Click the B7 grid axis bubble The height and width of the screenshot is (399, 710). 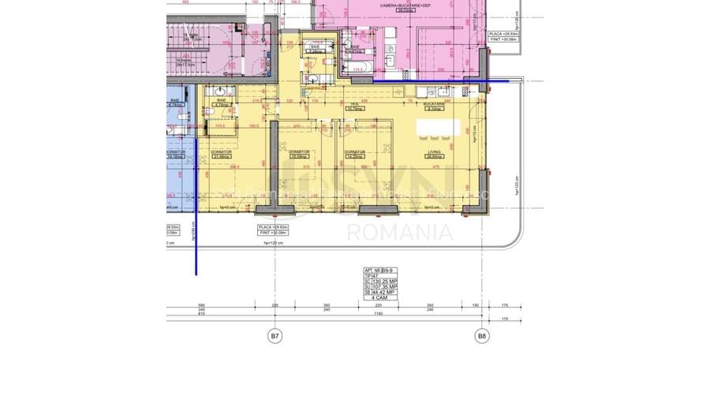click(275, 337)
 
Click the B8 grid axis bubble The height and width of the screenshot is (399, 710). click(482, 337)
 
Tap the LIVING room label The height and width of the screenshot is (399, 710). click(434, 152)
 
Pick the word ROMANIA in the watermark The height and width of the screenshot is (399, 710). click(400, 233)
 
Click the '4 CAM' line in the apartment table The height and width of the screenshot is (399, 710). click(382, 298)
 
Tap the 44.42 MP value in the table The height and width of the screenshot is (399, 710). click(386, 293)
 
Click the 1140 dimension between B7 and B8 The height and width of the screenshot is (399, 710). click(379, 313)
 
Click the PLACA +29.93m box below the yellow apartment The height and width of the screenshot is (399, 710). click(270, 229)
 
